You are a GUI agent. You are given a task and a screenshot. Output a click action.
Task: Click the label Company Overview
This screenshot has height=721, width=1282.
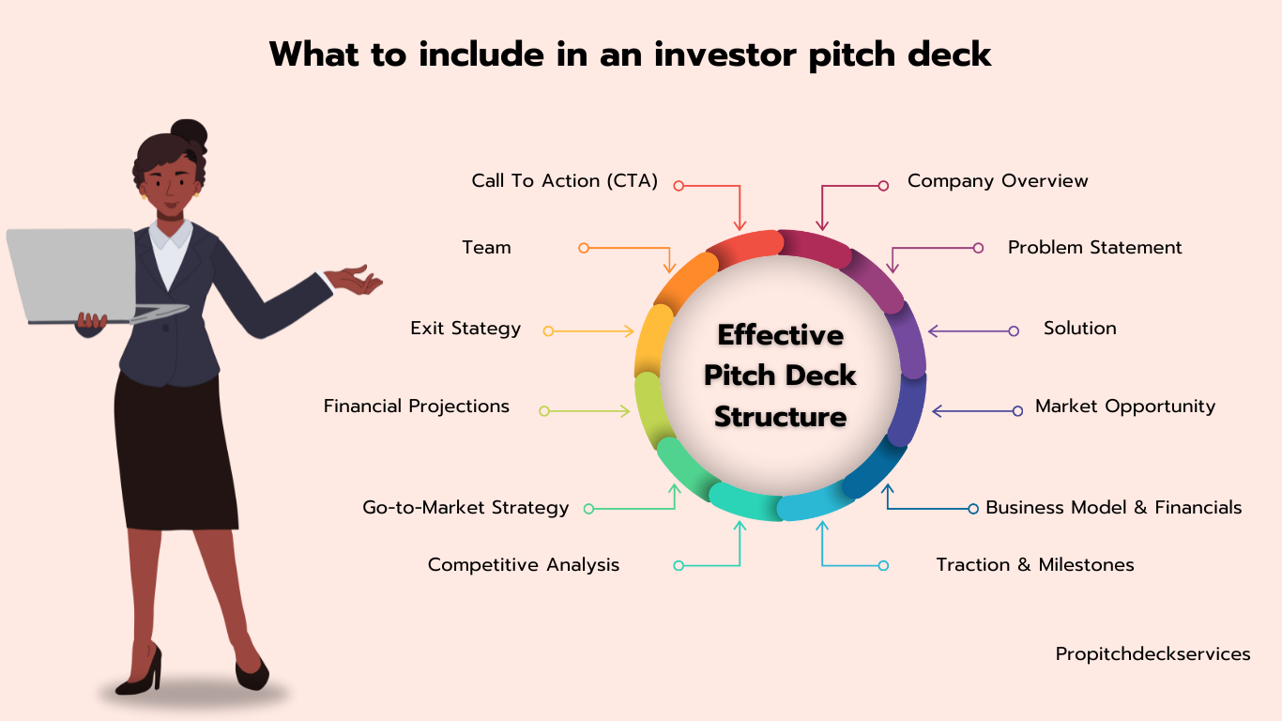pyautogui.click(x=998, y=181)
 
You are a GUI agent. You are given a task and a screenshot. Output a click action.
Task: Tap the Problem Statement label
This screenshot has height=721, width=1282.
pyautogui.click(x=1094, y=248)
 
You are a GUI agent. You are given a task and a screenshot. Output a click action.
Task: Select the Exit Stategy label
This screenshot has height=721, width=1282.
pyautogui.click(x=465, y=329)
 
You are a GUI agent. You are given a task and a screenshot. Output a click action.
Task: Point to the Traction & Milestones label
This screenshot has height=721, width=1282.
pyautogui.click(x=1035, y=564)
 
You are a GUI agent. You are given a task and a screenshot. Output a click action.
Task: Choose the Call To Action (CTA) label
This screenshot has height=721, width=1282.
pyautogui.click(x=564, y=181)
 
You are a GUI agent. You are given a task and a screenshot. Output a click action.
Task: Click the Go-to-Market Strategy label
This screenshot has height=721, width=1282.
pyautogui.click(x=465, y=508)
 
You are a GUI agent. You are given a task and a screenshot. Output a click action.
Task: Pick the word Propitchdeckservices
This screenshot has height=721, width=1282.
pyautogui.click(x=1152, y=654)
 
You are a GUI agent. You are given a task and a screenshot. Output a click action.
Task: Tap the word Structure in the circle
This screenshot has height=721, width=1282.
pyautogui.click(x=780, y=416)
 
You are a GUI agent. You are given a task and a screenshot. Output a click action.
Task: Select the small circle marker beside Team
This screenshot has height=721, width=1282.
pyautogui.click(x=583, y=248)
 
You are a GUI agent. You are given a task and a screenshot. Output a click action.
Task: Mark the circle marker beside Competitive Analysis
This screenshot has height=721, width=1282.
pyautogui.click(x=679, y=566)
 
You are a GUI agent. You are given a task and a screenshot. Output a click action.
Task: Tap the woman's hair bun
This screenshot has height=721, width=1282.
pyautogui.click(x=190, y=133)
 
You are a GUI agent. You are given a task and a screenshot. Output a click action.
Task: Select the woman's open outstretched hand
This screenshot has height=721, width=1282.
pyautogui.click(x=355, y=280)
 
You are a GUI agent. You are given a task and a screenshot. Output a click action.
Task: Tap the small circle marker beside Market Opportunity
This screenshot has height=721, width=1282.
pyautogui.click(x=1017, y=411)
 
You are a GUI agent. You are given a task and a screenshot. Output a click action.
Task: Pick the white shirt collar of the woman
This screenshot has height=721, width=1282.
pyautogui.click(x=170, y=235)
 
